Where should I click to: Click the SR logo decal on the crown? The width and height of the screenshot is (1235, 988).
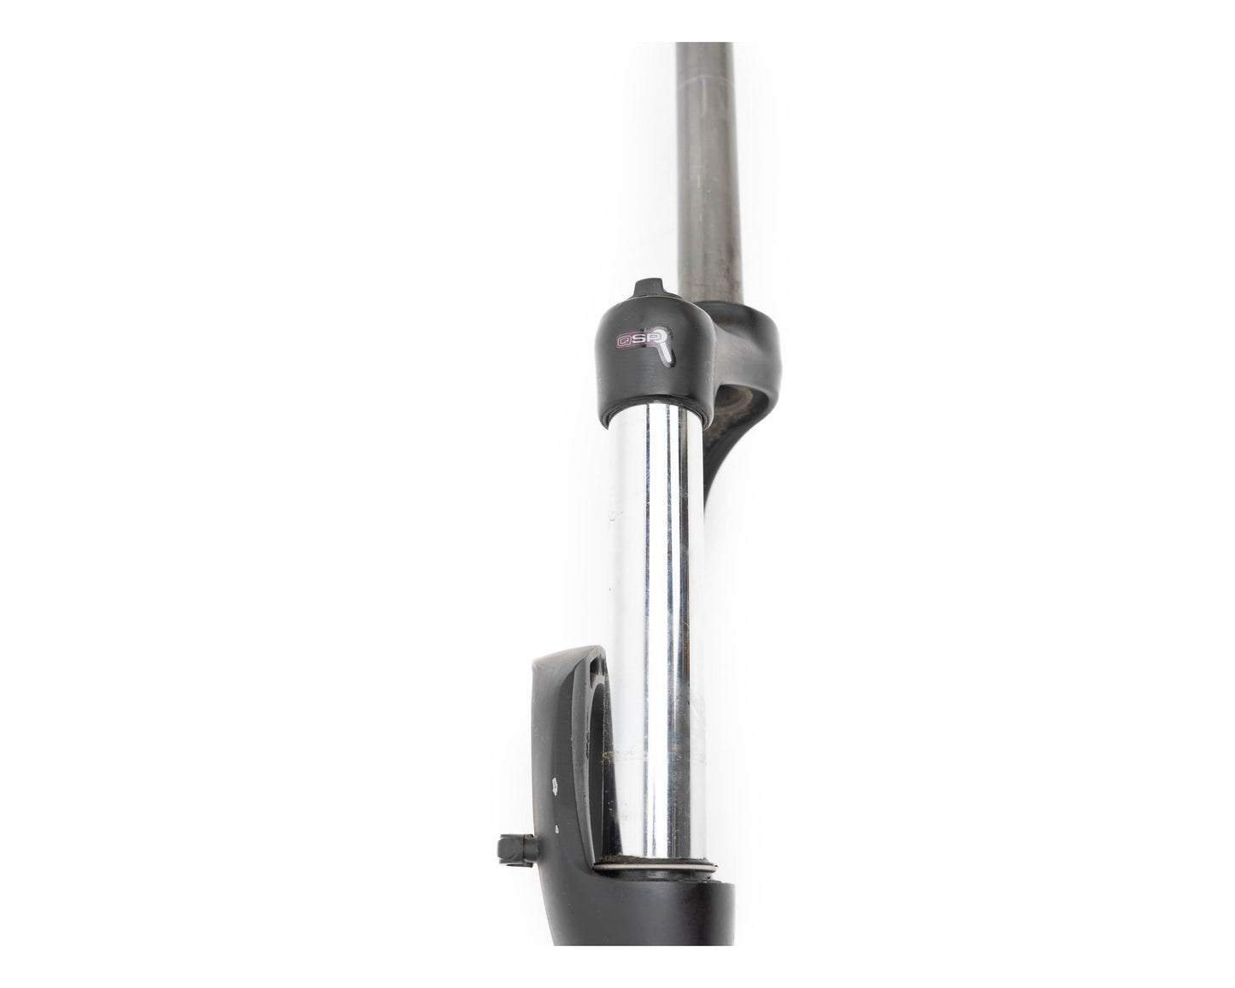tap(644, 344)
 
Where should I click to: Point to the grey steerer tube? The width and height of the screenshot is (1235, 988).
tap(706, 171)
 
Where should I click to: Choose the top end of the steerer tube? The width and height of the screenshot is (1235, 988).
tap(704, 48)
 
